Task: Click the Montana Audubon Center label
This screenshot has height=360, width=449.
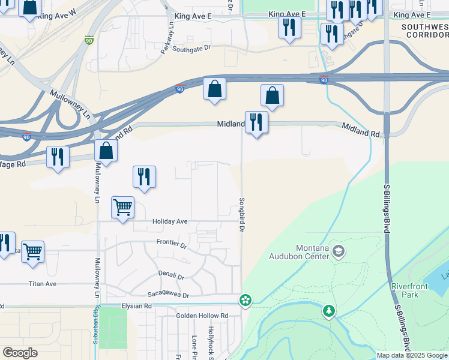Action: coord(313,252)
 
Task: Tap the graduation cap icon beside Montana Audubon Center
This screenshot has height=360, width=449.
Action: coord(339,251)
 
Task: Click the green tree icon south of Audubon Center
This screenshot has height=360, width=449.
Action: coord(328,310)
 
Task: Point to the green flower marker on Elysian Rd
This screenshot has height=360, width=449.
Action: coord(245,299)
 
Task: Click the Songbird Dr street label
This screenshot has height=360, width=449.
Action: coord(242,215)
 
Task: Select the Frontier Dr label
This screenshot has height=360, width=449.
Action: coord(172,244)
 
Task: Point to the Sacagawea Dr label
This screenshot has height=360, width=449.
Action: coord(168,295)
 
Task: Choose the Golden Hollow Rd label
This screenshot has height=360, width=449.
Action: coord(202,315)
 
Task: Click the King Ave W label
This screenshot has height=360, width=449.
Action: coord(57,15)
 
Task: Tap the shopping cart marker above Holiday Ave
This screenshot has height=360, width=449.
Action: coord(122,208)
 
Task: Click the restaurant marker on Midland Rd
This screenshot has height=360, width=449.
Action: coord(256,122)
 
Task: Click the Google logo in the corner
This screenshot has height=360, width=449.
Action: coord(20,353)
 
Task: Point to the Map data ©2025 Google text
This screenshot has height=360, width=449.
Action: coord(412,355)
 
